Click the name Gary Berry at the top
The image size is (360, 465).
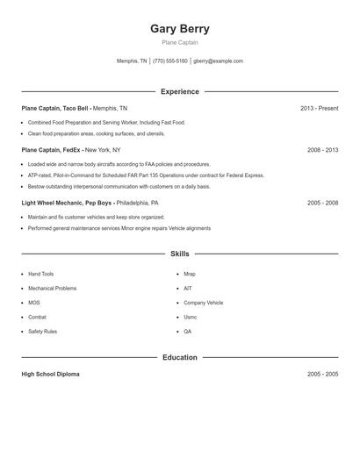[x=180, y=28]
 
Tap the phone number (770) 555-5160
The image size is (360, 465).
[x=169, y=61]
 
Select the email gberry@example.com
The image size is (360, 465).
[x=218, y=61]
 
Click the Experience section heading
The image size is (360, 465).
[x=180, y=91]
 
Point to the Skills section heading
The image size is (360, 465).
[x=180, y=254]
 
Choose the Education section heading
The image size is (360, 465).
[x=180, y=357]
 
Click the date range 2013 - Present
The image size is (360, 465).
[x=319, y=108]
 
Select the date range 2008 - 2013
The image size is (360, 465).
[x=322, y=150]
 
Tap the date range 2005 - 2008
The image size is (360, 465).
[x=322, y=203]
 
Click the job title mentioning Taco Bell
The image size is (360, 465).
[x=55, y=108]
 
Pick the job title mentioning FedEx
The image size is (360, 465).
[x=52, y=150]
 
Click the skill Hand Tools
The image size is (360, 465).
[x=40, y=274]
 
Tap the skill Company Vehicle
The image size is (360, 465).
[x=203, y=303]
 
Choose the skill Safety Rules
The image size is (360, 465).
[x=42, y=332]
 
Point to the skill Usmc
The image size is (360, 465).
[x=191, y=317]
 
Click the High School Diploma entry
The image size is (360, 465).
[x=50, y=374]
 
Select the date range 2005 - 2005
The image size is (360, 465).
[x=322, y=374]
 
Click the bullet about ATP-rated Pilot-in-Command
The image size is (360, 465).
[x=145, y=175]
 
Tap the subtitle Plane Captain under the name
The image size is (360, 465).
[x=180, y=42]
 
